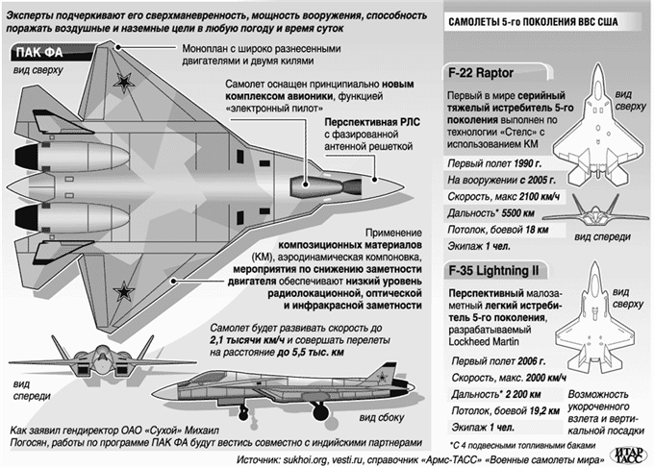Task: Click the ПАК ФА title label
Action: pos(39,53)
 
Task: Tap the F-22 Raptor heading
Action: pos(481,73)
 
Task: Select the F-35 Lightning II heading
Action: pos(493,271)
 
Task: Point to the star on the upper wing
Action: pos(124,82)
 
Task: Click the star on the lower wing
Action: pos(124,291)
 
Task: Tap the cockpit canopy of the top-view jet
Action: pos(325,185)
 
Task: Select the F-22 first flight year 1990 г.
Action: pos(528,163)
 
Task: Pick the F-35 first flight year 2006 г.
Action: pos(531,361)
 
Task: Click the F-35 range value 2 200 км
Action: pos(522,394)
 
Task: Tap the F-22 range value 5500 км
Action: pos(517,213)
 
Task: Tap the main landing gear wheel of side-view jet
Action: pos(320,412)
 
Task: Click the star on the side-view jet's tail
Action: pos(381,378)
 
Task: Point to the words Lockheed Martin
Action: pos(484,342)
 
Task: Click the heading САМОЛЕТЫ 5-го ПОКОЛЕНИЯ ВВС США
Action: pos(533,22)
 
